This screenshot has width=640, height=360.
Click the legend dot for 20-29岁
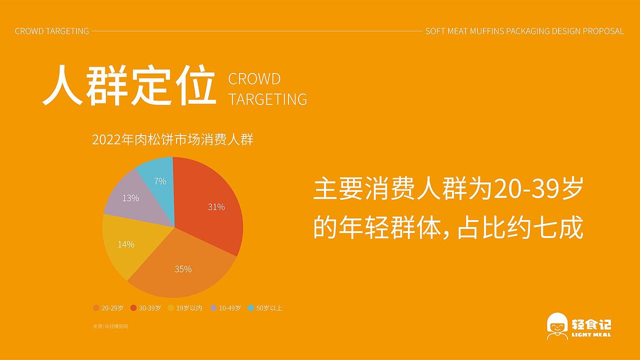96,307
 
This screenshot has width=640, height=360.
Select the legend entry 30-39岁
145,307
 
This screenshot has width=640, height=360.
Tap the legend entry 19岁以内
185,307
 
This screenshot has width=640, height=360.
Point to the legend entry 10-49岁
225,307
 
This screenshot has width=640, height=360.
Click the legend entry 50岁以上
265,307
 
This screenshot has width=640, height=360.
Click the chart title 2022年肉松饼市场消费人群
172,139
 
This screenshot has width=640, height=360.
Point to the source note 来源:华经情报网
110,326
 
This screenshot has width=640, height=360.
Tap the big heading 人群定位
129,85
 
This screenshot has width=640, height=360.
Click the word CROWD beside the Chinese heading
254,78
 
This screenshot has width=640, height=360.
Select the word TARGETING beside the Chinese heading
267,99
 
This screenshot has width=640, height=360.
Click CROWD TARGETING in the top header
52,31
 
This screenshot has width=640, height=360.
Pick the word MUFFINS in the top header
487,31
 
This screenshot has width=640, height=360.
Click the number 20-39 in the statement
526,188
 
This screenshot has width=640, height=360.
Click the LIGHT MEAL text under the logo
591,334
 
